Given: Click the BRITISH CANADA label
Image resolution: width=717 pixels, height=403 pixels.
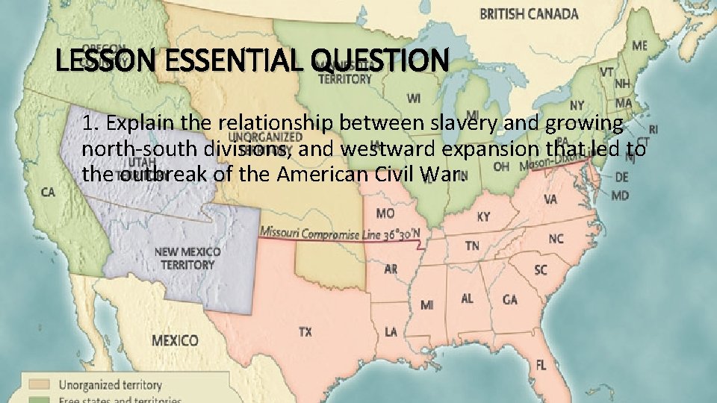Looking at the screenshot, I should tap(529, 13).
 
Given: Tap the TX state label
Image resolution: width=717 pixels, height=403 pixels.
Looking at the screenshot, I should tap(305, 332).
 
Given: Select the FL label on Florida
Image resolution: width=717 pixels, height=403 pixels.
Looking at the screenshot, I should tap(541, 365).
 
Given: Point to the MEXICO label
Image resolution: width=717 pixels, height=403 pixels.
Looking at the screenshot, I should tap(175, 340).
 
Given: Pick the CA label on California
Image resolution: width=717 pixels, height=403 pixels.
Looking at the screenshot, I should tap(48, 193).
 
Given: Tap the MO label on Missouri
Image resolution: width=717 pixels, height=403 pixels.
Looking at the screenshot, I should tap(385, 213).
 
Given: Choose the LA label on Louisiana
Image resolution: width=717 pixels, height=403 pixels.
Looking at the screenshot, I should tap(391, 331).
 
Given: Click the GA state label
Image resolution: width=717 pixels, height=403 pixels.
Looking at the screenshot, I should tap(509, 299).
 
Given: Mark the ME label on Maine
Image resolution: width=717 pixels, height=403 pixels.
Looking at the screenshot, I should tap(640, 46).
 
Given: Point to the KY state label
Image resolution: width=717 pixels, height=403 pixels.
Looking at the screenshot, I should tap(484, 216).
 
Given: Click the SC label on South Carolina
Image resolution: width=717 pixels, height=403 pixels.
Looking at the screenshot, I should tap(540, 269).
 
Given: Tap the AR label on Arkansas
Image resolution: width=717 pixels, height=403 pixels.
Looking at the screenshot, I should tap(390, 269).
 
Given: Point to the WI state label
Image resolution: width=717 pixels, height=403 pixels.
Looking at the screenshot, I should tap(414, 98).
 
